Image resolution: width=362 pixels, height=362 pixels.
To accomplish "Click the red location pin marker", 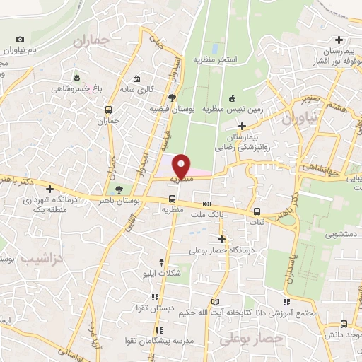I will pos(182,165).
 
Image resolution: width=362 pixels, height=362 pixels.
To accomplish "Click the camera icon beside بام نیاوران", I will pos(19,39).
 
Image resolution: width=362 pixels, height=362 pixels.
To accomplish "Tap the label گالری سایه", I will pos(137,90).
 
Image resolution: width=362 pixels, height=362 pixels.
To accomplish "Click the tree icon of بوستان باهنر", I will pos(118,189).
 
